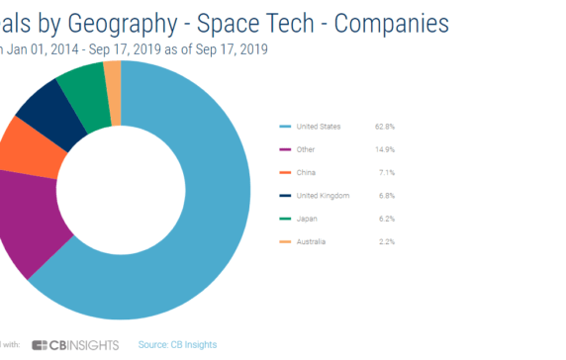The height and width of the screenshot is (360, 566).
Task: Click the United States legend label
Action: point(319,127)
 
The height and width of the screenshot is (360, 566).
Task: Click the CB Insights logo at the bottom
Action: point(75,344)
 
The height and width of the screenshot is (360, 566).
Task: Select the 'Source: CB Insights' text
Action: point(177,344)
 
